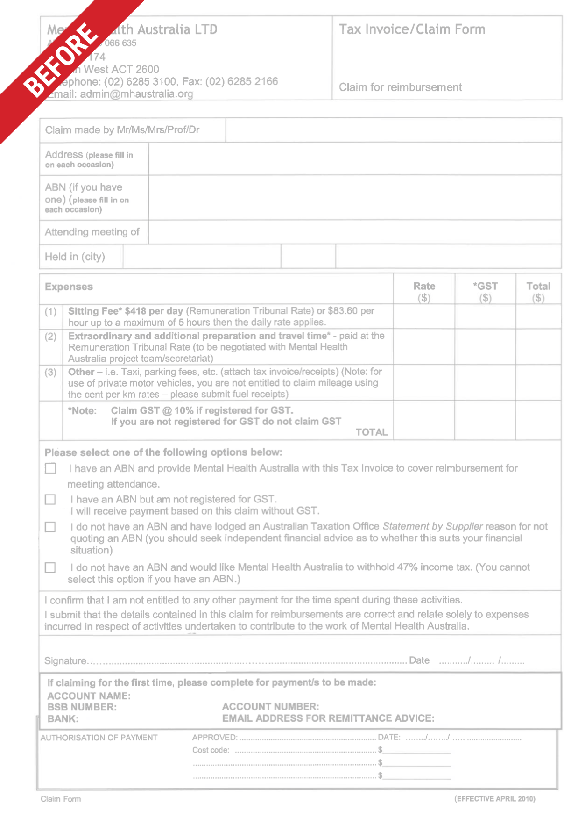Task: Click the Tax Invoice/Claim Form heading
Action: pyautogui.click(x=412, y=29)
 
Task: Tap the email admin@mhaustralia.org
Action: pyautogui.click(x=136, y=94)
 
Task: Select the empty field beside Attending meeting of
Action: pyautogui.click(x=355, y=232)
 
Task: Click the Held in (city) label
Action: pyautogui.click(x=75, y=257)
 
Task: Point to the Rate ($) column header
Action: pyautogui.click(x=424, y=291)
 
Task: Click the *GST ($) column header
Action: pyautogui.click(x=485, y=291)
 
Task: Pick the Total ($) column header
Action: pyautogui.click(x=538, y=291)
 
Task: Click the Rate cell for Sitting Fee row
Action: pyautogui.click(x=424, y=317)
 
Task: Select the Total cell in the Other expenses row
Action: pyautogui.click(x=538, y=382)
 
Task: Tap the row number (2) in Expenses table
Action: pyautogui.click(x=50, y=337)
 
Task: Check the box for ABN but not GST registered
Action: pyautogui.click(x=50, y=499)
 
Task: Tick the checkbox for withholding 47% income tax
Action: pyautogui.click(x=50, y=567)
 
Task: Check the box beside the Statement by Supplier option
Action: pyautogui.click(x=50, y=527)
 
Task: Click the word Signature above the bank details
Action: pyautogui.click(x=65, y=660)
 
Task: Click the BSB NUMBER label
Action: pyautogui.click(x=82, y=707)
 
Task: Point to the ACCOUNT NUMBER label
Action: pyautogui.click(x=271, y=707)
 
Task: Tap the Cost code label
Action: pyautogui.click(x=211, y=750)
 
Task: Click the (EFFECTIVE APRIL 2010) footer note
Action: pyautogui.click(x=494, y=799)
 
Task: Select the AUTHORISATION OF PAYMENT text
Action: pyautogui.click(x=99, y=738)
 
